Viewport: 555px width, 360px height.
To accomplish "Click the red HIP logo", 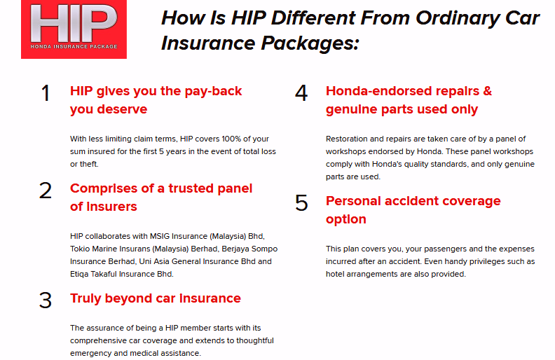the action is [x=74, y=29].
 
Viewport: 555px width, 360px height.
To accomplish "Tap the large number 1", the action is [x=46, y=94].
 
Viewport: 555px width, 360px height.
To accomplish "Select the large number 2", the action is [x=46, y=191].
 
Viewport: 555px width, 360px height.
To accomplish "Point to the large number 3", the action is [x=46, y=300].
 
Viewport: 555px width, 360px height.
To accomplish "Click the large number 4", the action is [x=301, y=94].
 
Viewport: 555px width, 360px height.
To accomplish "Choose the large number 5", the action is [x=301, y=203].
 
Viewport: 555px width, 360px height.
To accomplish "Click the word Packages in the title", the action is [x=309, y=44].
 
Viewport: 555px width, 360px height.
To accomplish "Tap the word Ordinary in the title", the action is [x=458, y=19].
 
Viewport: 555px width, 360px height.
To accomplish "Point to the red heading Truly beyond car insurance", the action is [x=156, y=298].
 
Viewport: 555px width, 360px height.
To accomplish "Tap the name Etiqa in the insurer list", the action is [x=79, y=275].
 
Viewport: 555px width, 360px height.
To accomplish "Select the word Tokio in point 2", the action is [x=80, y=249].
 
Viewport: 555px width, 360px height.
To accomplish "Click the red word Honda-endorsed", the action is [x=378, y=91].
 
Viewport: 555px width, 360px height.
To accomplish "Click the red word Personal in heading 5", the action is [x=353, y=201].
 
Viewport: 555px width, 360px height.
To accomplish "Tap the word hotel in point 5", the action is [x=335, y=274].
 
